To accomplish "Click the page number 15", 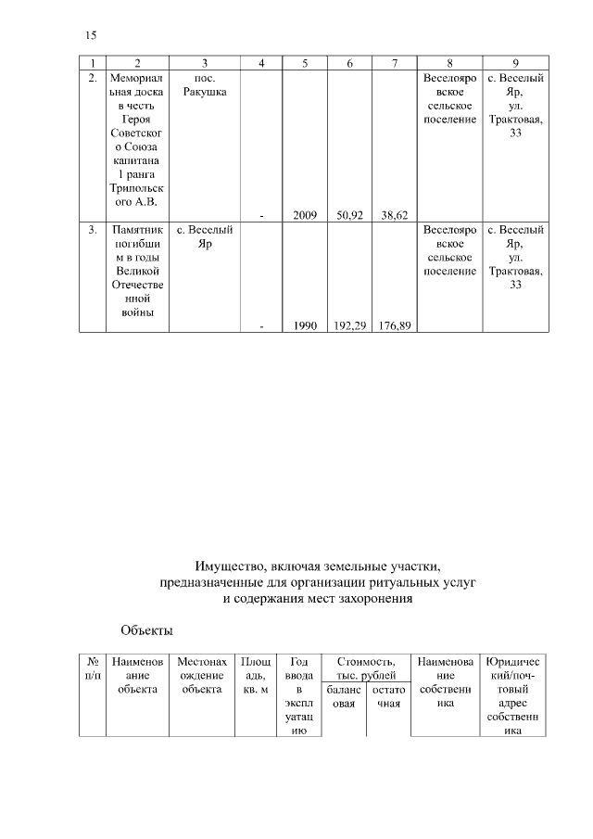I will click(x=91, y=36).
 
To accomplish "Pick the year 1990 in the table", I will click(x=305, y=325).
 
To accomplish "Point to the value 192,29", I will click(x=349, y=325).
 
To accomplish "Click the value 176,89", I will click(x=395, y=325).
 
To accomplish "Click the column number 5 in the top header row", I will click(x=305, y=63).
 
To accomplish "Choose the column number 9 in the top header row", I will click(x=514, y=63).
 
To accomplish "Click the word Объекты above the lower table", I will click(x=146, y=631).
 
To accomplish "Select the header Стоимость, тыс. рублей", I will click(x=366, y=668).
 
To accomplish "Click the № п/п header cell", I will click(x=93, y=668).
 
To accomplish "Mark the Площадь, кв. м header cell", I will click(x=256, y=675).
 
